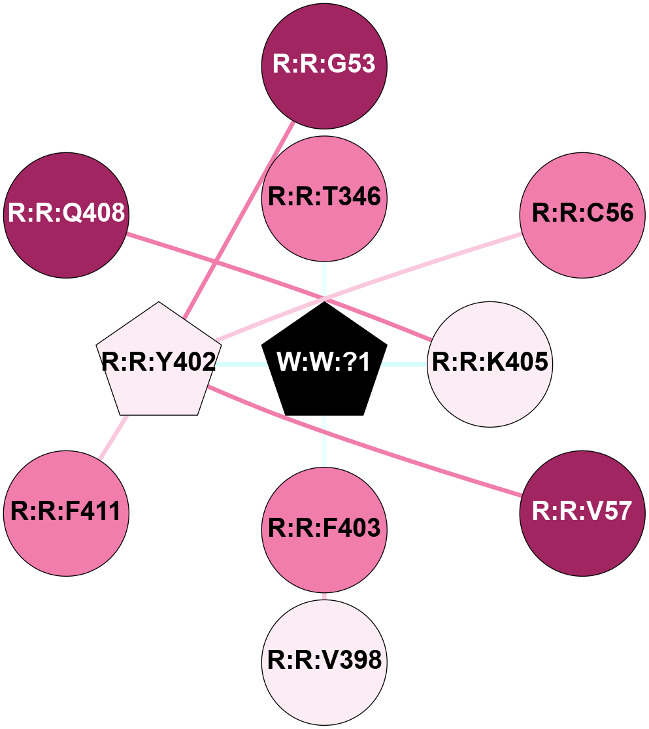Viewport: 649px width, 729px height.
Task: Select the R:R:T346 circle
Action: tap(324, 198)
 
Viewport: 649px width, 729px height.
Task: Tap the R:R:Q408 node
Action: tap(66, 214)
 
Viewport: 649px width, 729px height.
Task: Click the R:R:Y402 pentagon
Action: tap(158, 362)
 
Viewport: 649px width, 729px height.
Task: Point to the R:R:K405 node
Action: tap(490, 364)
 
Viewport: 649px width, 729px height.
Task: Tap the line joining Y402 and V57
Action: tap(366, 444)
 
